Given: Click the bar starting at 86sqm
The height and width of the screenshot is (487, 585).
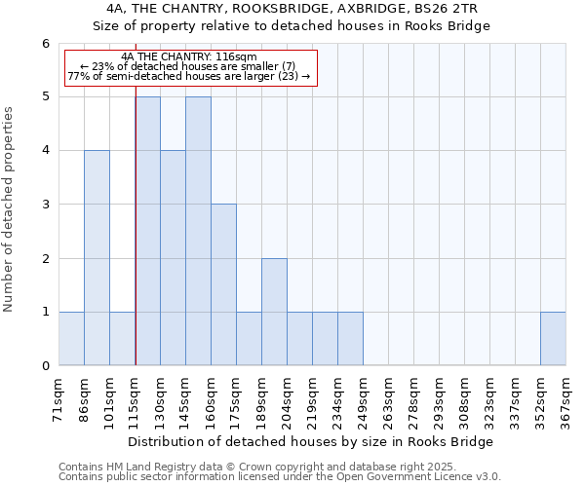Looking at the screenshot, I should click(x=97, y=258).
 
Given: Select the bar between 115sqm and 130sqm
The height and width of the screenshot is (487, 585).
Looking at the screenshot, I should click(x=147, y=231).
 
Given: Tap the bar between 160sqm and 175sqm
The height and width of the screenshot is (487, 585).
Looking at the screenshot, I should click(x=223, y=284).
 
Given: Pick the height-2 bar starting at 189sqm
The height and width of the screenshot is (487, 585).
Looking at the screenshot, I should click(x=274, y=312).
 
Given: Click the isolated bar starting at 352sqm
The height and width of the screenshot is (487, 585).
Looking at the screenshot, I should click(x=553, y=339).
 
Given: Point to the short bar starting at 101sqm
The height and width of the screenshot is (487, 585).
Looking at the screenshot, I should click(x=122, y=339).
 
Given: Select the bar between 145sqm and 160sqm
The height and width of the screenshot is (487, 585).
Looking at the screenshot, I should click(x=198, y=231).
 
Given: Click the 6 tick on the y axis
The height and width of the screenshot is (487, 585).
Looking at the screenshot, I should click(x=45, y=43).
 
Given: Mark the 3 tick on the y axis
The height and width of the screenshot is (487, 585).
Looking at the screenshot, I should click(x=45, y=205).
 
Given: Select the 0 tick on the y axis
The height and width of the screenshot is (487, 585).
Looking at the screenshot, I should click(x=45, y=366).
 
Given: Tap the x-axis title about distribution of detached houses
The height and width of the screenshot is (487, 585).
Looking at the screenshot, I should click(x=311, y=442).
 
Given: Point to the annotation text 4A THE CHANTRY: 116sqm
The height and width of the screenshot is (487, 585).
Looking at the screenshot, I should click(x=191, y=57).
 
